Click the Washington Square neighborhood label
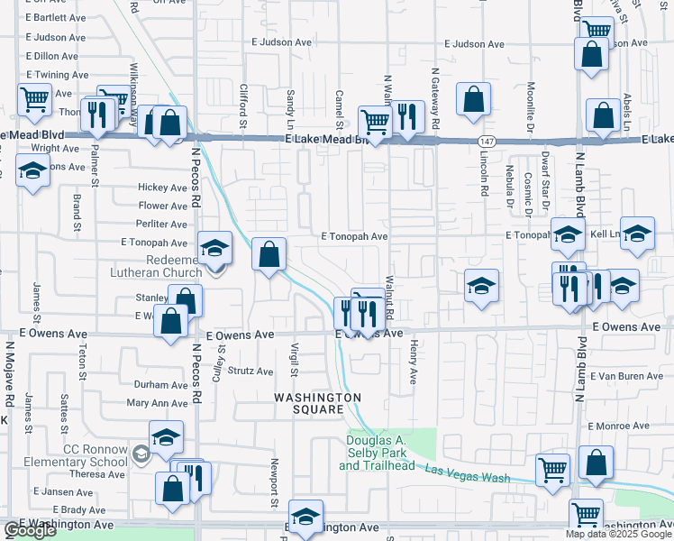pos(317,403)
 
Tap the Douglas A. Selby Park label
pos(377,453)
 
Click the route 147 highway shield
pos(487,142)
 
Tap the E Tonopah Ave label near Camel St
pos(354,236)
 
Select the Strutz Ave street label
pos(250,371)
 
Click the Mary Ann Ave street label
pos(157,403)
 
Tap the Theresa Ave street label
pos(96,474)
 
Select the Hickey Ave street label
pos(162,188)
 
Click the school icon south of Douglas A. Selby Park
pos(305,518)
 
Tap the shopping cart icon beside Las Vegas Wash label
pos(552,469)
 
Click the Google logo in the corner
pos(30,530)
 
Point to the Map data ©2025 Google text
pos(617,534)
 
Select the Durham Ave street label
pos(159,384)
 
